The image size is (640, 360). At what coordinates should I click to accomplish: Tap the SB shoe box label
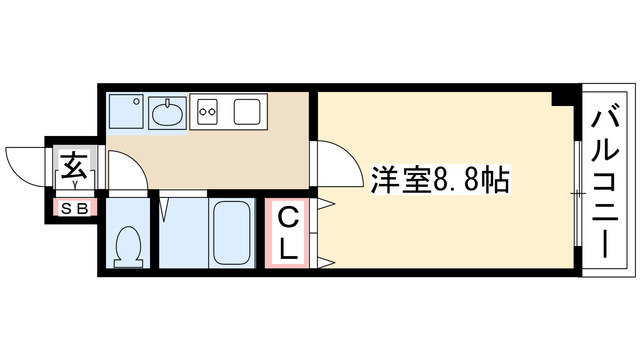coord(75,209)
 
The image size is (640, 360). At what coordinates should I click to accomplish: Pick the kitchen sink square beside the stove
coord(247,112)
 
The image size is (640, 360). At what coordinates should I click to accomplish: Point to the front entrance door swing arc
coord(28,160)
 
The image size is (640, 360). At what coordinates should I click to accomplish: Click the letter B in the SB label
coord(82,209)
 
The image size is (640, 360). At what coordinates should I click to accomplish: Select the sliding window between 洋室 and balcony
coord(577,190)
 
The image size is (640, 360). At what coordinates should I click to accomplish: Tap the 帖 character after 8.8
coord(499,181)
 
